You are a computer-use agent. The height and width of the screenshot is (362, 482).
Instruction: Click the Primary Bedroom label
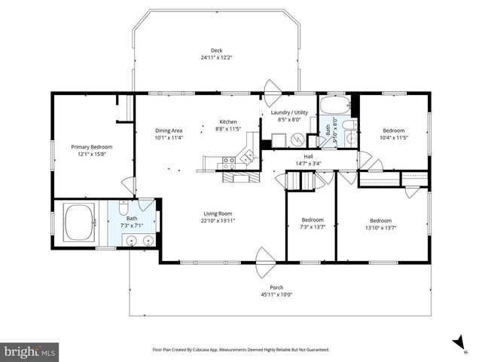click(92, 146)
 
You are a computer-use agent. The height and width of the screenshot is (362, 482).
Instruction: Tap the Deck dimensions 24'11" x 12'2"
click(216, 58)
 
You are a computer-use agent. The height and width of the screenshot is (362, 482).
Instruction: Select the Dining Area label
click(169, 130)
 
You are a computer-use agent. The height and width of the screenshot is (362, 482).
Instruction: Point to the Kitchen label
click(228, 121)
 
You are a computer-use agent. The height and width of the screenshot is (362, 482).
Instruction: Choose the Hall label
click(309, 156)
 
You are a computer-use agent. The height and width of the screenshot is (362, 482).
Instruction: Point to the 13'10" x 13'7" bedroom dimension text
click(380, 227)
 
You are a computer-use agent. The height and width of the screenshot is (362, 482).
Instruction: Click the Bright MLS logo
click(30, 351)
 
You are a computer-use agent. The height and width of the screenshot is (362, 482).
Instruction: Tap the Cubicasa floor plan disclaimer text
click(241, 349)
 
